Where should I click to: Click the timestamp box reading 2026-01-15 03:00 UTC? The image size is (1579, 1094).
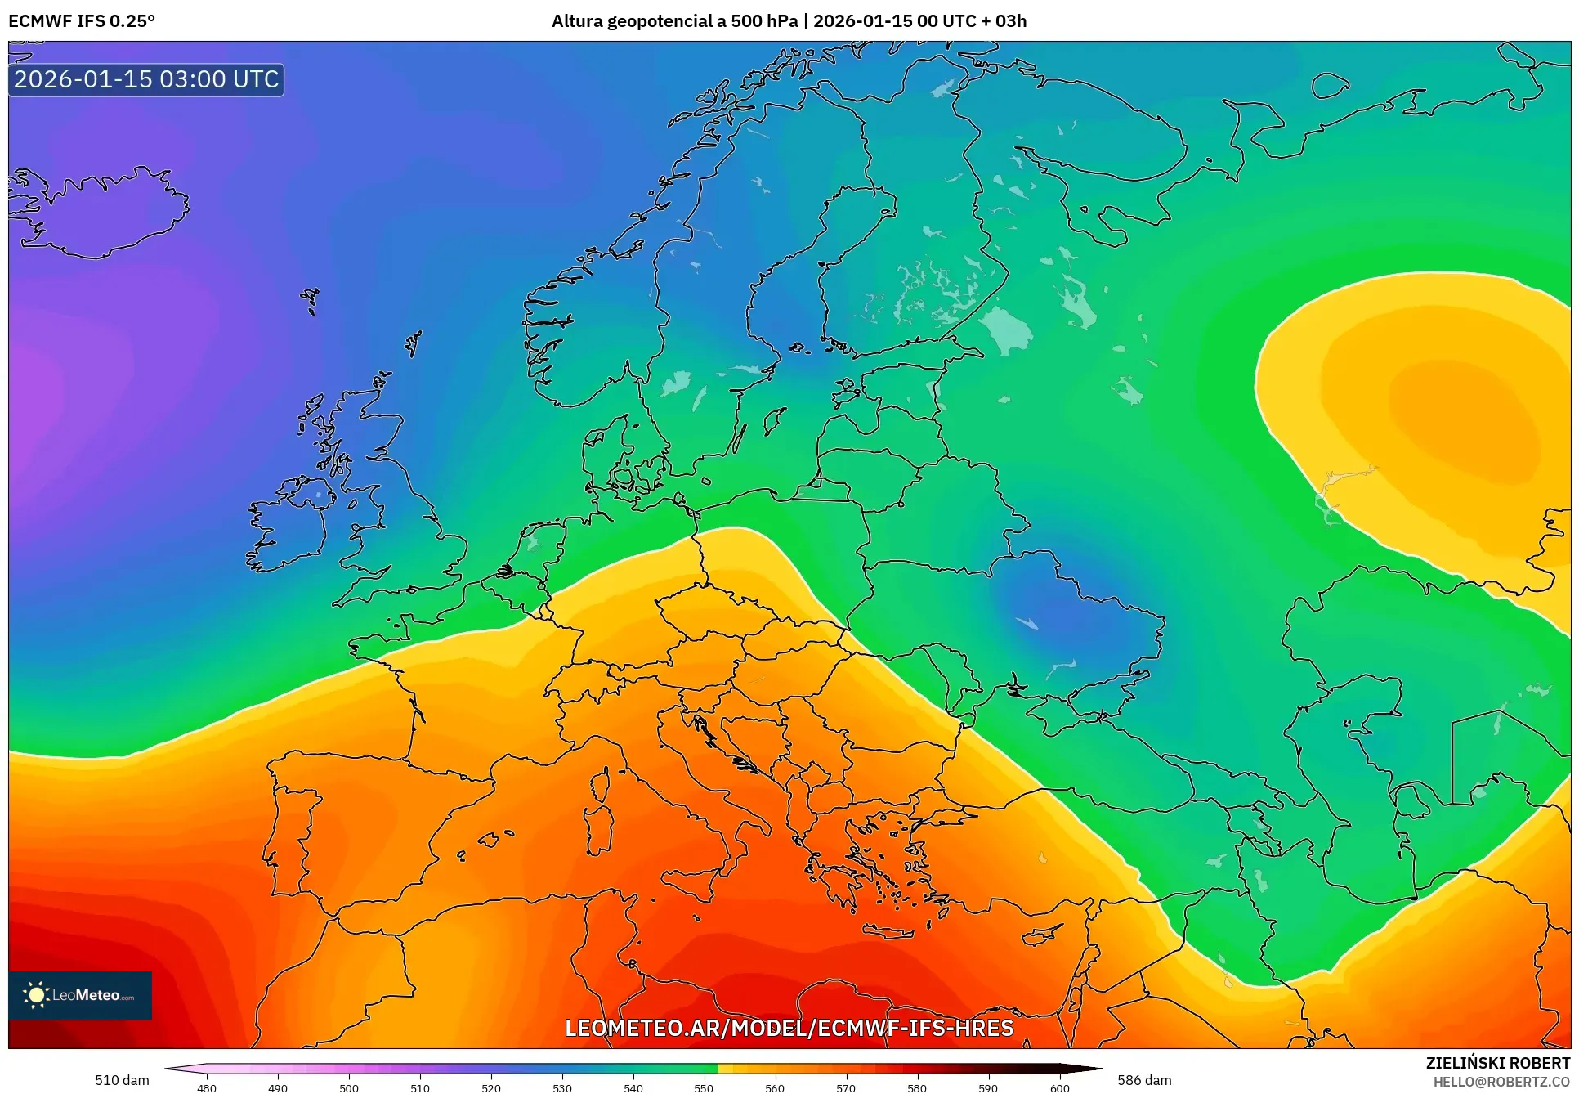[x=146, y=79]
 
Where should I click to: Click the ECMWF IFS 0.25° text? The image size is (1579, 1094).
[x=81, y=21]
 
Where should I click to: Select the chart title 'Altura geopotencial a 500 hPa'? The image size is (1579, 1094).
[x=674, y=21]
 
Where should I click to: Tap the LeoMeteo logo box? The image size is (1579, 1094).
[x=80, y=995]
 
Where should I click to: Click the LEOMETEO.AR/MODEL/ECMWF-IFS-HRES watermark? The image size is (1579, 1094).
[x=789, y=1028]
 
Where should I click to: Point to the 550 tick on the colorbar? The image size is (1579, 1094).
[x=704, y=1087]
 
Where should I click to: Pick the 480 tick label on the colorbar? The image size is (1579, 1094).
[x=207, y=1088]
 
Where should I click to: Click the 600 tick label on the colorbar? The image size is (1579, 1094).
[x=1059, y=1088]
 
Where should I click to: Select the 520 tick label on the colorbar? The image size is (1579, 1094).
[x=490, y=1088]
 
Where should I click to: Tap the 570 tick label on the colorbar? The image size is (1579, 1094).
[x=846, y=1088]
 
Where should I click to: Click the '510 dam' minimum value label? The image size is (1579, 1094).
[x=122, y=1080]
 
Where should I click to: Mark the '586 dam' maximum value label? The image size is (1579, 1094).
[x=1144, y=1080]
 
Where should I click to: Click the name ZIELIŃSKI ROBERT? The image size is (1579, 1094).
[x=1497, y=1063]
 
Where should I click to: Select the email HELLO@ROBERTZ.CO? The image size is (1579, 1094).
[x=1501, y=1082]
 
